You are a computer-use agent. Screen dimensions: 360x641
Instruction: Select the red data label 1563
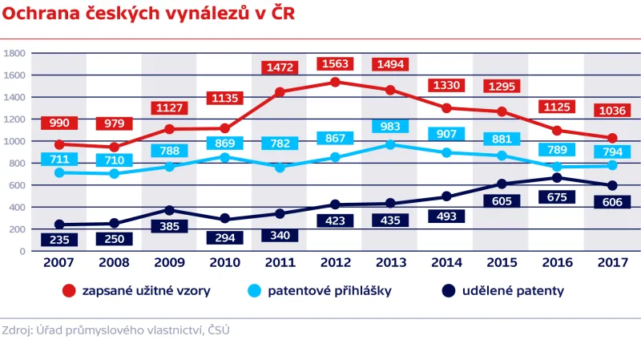click(x=335, y=64)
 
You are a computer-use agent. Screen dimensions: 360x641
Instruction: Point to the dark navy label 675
click(x=556, y=197)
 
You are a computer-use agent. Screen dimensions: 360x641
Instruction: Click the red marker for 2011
click(x=280, y=92)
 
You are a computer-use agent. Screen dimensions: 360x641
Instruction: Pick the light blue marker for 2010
click(x=225, y=157)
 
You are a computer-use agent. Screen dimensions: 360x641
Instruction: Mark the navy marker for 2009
click(x=170, y=210)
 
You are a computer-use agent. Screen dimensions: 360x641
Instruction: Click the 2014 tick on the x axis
click(x=445, y=261)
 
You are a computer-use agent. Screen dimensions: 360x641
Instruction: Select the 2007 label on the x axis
click(x=59, y=261)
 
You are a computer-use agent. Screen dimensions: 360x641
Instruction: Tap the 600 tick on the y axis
click(x=18, y=185)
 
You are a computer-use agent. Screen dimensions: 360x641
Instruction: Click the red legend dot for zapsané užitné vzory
click(x=69, y=291)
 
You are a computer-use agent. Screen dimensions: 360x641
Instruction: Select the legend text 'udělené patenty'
click(x=513, y=291)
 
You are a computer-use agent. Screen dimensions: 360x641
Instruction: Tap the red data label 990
click(x=58, y=123)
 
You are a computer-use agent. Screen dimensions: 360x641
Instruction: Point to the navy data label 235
click(x=59, y=239)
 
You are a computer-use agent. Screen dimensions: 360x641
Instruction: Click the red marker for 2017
click(x=612, y=139)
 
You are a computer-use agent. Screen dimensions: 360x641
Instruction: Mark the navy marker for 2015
click(x=502, y=184)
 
